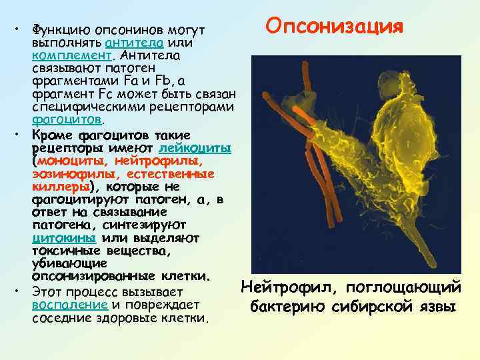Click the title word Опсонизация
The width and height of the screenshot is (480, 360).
(x=334, y=27)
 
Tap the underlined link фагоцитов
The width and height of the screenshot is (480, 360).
(x=66, y=120)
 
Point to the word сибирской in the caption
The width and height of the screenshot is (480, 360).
(x=373, y=307)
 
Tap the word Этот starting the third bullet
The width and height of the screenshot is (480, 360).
(x=47, y=292)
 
